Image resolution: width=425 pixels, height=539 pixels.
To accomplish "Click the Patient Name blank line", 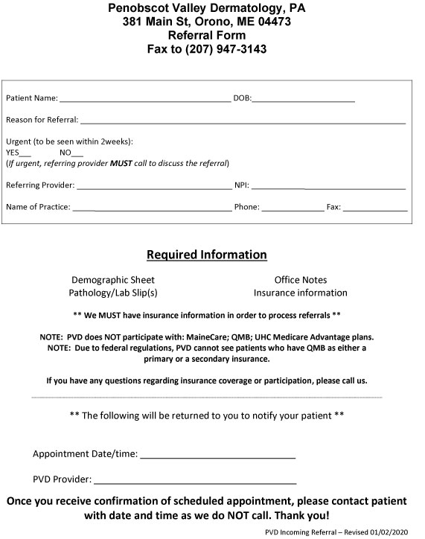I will [145, 98].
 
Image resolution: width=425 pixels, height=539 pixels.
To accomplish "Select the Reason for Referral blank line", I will [243, 120].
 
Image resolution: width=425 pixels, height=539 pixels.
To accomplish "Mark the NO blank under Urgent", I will [78, 152].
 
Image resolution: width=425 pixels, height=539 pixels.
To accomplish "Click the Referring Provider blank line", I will [154, 185].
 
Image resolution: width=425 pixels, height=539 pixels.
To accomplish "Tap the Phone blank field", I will [293, 208].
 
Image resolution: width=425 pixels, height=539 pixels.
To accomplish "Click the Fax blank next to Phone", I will [374, 208].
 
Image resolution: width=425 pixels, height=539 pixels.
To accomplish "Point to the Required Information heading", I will [206, 255].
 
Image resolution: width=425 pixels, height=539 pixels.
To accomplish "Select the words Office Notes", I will [300, 280].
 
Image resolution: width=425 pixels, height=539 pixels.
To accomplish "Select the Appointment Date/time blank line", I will [217, 454].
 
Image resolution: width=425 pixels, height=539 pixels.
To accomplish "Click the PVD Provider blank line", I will [195, 480].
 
